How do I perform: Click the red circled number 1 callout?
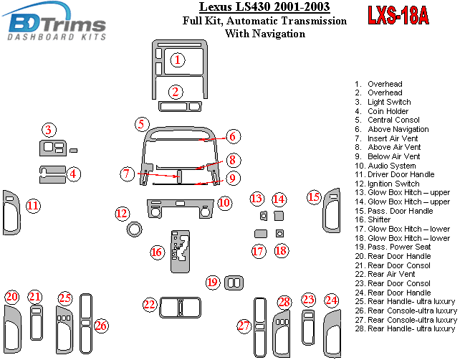[177, 60]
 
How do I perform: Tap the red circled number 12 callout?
[123, 213]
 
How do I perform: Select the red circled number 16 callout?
[157, 252]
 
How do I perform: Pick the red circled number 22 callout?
[149, 305]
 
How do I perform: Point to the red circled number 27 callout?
[244, 326]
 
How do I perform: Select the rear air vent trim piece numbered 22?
[179, 308]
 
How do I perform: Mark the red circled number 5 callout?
[142, 124]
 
